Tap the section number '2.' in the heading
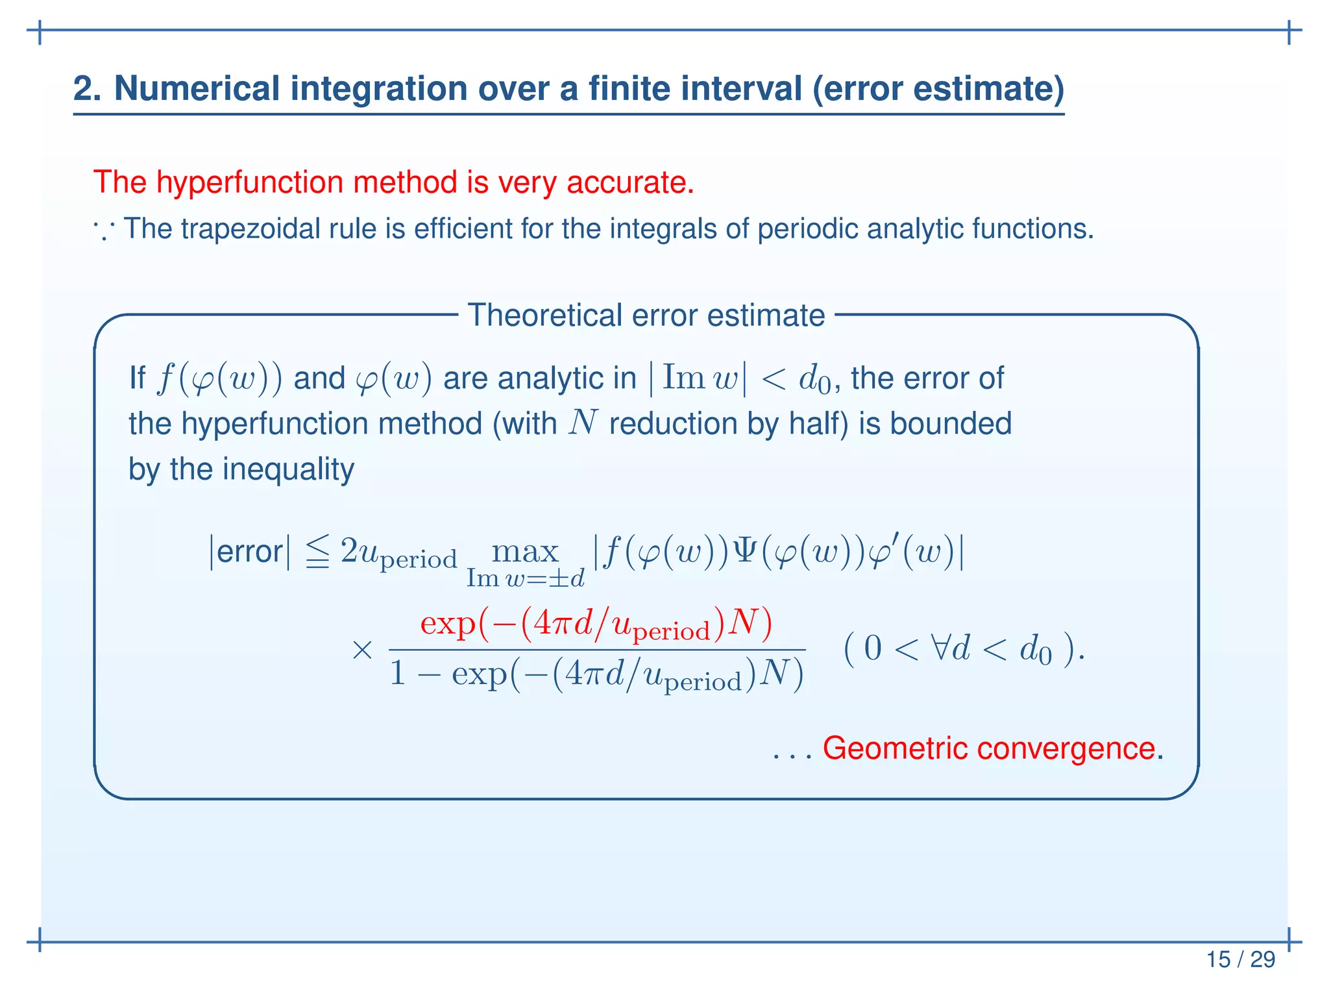[x=87, y=88]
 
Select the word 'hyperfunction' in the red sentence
[x=250, y=182]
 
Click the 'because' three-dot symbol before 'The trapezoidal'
[x=104, y=229]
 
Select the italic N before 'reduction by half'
[x=582, y=424]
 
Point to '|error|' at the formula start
[x=250, y=552]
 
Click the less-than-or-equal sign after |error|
[x=317, y=552]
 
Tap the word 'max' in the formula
[x=525, y=552]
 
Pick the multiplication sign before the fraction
[x=362, y=650]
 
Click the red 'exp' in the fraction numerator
[x=448, y=624]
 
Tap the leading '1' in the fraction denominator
[x=398, y=674]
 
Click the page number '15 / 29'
[x=1240, y=959]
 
